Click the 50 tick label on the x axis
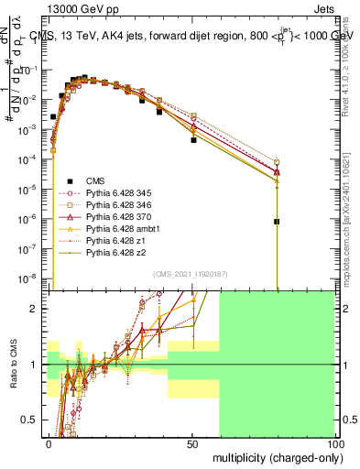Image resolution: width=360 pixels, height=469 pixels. pyautogui.click(x=191, y=442)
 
